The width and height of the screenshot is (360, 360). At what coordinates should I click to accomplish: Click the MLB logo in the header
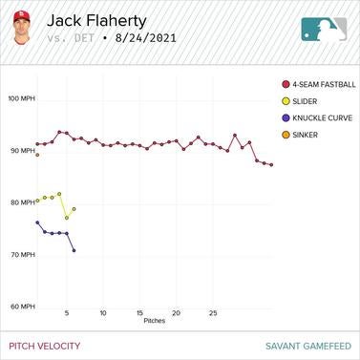(324, 29)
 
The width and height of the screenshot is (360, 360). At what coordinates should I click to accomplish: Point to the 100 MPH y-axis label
(20, 98)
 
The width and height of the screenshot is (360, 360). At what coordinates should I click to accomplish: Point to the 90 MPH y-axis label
(20, 151)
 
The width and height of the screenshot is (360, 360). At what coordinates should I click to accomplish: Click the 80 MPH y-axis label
(20, 202)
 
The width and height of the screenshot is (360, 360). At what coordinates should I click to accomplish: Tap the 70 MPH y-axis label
(20, 255)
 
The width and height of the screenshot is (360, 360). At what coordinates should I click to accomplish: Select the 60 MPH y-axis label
(20, 307)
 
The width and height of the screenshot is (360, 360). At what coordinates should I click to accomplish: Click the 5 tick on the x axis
(66, 313)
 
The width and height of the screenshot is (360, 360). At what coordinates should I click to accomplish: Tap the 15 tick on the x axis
(139, 313)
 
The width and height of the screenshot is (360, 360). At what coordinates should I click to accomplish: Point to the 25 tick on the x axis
(213, 313)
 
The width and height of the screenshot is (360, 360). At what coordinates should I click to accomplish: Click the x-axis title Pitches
(154, 321)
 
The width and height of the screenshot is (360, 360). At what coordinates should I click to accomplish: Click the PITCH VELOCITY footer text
(45, 346)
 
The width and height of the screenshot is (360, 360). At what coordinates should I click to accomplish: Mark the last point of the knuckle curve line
(74, 250)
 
